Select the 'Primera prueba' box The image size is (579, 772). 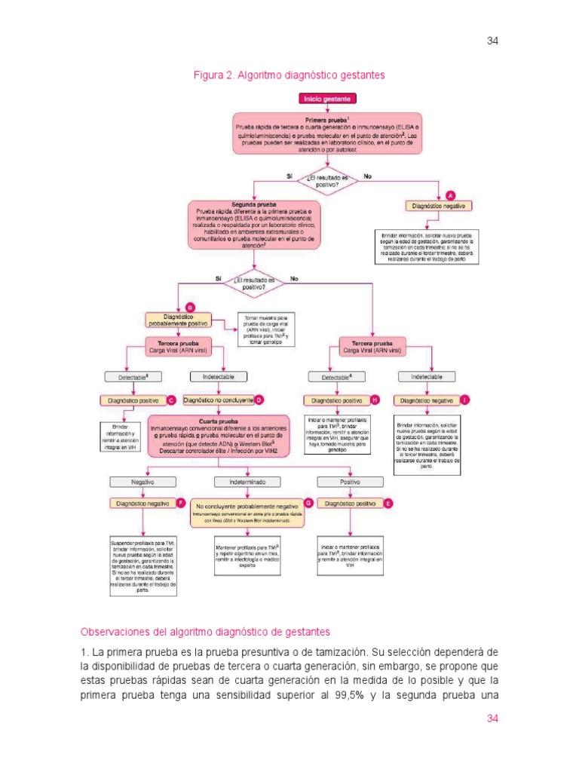pos(326,135)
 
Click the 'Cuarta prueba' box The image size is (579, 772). pos(218,436)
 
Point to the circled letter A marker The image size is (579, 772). pos(451,194)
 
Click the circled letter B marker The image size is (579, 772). pos(190,307)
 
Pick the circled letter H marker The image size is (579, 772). pos(375,400)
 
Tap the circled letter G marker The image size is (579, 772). pos(308,502)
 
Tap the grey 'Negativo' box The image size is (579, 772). pos(142,481)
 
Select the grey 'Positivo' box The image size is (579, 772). pos(349,481)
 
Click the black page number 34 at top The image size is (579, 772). pos(493,41)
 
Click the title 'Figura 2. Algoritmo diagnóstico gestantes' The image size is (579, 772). pos(289,75)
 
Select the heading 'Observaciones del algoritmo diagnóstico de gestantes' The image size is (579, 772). pos(205,631)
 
